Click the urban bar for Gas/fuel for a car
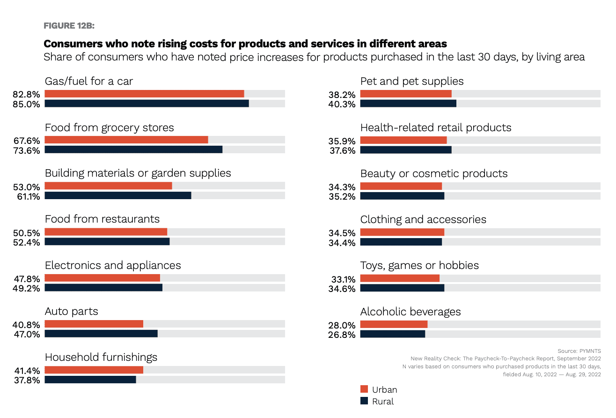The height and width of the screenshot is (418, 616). pos(144,94)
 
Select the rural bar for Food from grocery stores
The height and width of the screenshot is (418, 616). pos(133,149)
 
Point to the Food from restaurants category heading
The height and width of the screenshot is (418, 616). pos(102,219)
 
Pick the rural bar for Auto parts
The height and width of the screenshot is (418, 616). pos(101,334)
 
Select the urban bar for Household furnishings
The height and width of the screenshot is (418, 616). pos(94,370)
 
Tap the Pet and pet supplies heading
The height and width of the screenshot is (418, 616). pos(412,81)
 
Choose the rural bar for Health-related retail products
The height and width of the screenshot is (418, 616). pos(406,150)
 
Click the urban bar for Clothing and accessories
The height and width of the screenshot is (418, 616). pos(402,232)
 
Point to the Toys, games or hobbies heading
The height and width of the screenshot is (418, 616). pos(419,265)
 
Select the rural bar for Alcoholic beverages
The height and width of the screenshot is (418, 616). pos(393,334)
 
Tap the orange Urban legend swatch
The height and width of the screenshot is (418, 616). pos(364,389)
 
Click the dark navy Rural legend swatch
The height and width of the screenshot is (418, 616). pos(364,401)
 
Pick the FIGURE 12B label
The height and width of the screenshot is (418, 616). pos(69,25)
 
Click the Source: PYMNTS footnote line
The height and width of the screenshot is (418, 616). pos(579,351)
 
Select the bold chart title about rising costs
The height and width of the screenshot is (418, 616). pos(245,44)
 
